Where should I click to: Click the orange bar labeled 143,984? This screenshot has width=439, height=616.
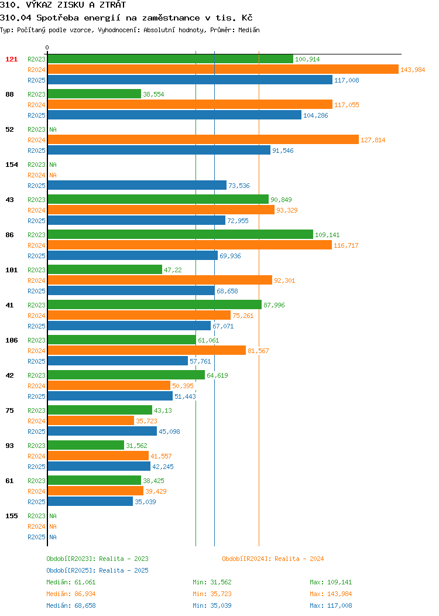[x=223, y=70]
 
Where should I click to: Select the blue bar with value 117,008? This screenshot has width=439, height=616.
[x=190, y=80]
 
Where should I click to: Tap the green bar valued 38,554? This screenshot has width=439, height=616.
[x=94, y=94]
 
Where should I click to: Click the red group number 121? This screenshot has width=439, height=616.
[x=11, y=59]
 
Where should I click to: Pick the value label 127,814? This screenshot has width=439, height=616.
[x=373, y=141]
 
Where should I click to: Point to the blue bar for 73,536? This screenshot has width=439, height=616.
[x=137, y=186]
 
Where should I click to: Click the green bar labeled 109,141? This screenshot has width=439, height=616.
[x=180, y=235]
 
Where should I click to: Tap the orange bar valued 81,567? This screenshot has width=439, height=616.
[x=147, y=350]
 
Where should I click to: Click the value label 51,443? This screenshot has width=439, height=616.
[x=185, y=397]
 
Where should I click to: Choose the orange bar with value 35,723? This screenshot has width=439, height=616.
[x=91, y=421]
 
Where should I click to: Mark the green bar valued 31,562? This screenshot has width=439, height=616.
[x=86, y=445]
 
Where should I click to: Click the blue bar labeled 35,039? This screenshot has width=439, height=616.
[x=90, y=501]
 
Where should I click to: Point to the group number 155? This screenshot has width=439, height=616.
[x=11, y=516]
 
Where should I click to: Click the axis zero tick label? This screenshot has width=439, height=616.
[x=47, y=48]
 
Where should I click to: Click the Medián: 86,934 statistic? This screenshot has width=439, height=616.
[x=71, y=594]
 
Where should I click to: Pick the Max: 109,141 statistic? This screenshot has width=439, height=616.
[x=331, y=582]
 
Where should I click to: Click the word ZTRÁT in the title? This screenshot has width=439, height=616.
[x=113, y=5]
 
